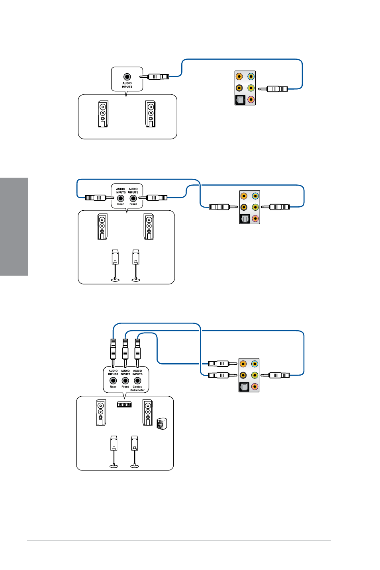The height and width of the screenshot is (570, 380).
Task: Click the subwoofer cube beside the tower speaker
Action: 162,424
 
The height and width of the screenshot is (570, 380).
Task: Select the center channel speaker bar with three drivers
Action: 124,405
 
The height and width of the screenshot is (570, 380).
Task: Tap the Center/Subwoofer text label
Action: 137,388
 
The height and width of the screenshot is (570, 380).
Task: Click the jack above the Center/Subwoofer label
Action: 137,381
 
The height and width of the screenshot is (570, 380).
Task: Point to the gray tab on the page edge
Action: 14,226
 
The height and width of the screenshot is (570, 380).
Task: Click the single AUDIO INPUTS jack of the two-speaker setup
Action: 127,76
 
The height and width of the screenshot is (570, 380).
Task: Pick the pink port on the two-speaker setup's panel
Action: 251,100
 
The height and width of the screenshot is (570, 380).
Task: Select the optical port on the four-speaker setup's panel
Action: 245,219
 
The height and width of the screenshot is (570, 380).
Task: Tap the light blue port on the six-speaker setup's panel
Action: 255,364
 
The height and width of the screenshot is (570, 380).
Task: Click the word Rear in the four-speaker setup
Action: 120,204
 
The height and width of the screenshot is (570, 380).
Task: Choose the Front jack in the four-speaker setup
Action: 133,198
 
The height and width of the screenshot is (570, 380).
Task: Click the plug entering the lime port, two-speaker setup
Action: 275,89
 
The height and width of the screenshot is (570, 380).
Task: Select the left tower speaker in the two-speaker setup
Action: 103,114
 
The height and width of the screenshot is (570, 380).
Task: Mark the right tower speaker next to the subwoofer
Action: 148,413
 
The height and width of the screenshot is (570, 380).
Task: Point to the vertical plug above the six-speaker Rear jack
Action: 113,351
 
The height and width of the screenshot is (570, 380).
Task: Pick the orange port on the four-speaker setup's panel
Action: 244,196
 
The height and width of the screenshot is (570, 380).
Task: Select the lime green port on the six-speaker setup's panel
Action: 255,375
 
